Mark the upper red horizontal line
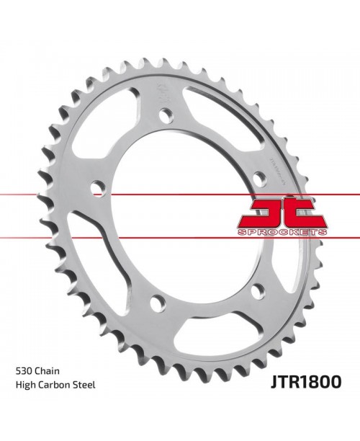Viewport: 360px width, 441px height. click(43, 195)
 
